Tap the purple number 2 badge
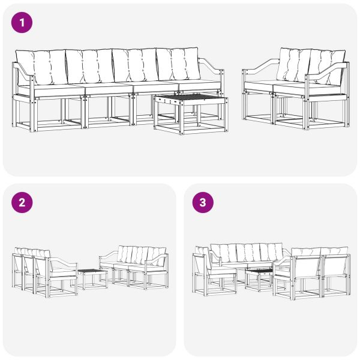click(x=22, y=202)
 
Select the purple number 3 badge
click(x=202, y=202)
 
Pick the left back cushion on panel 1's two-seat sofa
click(x=294, y=64)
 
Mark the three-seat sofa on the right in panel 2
click(x=135, y=264)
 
